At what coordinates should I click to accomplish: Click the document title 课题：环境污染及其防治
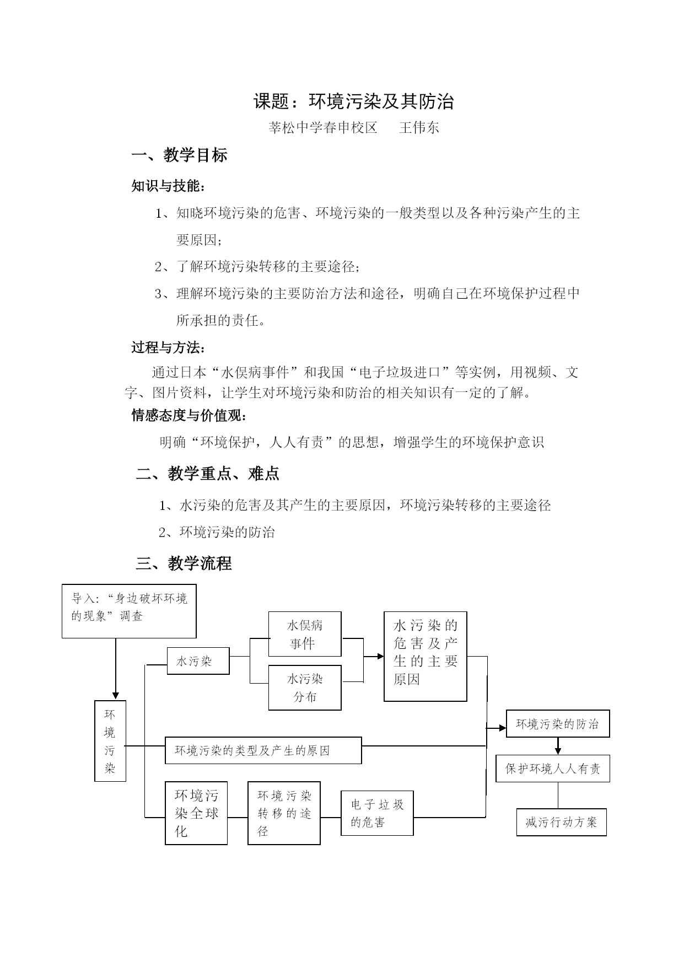(x=353, y=101)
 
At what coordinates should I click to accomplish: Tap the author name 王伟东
(x=419, y=128)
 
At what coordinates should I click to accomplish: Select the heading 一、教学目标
(x=180, y=155)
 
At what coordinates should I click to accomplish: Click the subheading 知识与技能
(x=169, y=186)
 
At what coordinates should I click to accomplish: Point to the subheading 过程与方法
(x=169, y=348)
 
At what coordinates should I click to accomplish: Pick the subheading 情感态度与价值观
(x=189, y=415)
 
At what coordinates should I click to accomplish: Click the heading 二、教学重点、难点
(x=208, y=474)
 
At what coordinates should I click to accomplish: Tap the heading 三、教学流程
(x=184, y=563)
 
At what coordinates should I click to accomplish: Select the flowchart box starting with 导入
(x=129, y=611)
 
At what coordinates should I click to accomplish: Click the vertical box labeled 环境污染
(x=110, y=741)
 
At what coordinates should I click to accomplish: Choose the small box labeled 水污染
(x=198, y=661)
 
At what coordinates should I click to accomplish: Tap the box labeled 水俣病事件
(x=305, y=634)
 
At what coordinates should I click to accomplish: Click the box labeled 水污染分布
(x=305, y=687)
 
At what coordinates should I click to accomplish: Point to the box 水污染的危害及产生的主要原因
(x=426, y=656)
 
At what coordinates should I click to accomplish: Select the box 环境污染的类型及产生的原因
(x=263, y=750)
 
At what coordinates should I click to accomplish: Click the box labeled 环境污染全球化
(x=196, y=813)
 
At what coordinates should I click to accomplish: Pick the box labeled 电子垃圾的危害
(x=377, y=813)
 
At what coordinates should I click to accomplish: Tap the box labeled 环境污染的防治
(x=558, y=724)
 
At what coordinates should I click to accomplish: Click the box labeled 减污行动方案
(x=562, y=822)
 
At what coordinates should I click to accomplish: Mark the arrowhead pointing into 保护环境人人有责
(x=558, y=751)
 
